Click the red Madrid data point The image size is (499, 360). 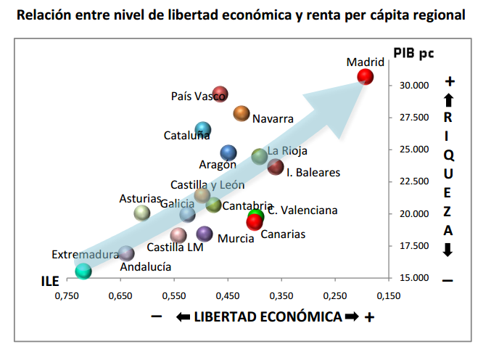click(366, 76)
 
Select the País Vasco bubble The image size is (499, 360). click(220, 94)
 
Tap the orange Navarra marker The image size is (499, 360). click(242, 112)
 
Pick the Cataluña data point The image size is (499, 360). click(203, 129)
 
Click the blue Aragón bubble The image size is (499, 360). click(228, 152)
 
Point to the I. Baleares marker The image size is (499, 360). click(276, 167)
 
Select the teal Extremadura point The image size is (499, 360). click(83, 271)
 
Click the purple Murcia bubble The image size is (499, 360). click(205, 233)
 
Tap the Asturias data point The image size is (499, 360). click(142, 212)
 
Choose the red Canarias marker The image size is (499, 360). click(255, 222)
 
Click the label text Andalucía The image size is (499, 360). click(146, 266)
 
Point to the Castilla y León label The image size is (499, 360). click(207, 185)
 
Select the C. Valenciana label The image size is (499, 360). click(302, 210)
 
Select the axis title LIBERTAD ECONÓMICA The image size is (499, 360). click(267, 317)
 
